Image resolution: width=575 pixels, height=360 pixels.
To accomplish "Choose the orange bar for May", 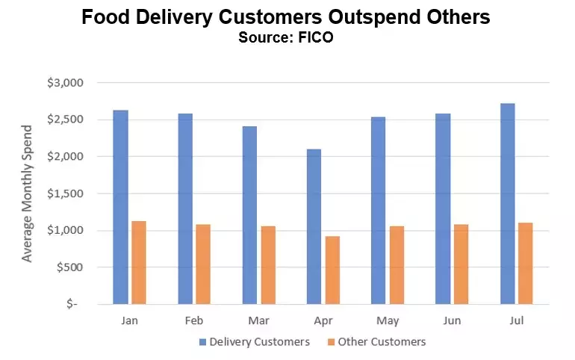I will pyautogui.click(x=397, y=264).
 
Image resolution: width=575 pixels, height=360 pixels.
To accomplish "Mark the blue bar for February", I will pyautogui.click(x=185, y=208).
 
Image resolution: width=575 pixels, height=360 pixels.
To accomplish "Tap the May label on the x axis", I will pyautogui.click(x=388, y=320).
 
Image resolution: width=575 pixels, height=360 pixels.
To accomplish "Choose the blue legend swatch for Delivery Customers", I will pyautogui.click(x=202, y=342).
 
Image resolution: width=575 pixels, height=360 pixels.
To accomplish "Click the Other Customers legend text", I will pyautogui.click(x=382, y=342).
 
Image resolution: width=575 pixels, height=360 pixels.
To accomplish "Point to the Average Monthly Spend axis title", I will pyautogui.click(x=28, y=193).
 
